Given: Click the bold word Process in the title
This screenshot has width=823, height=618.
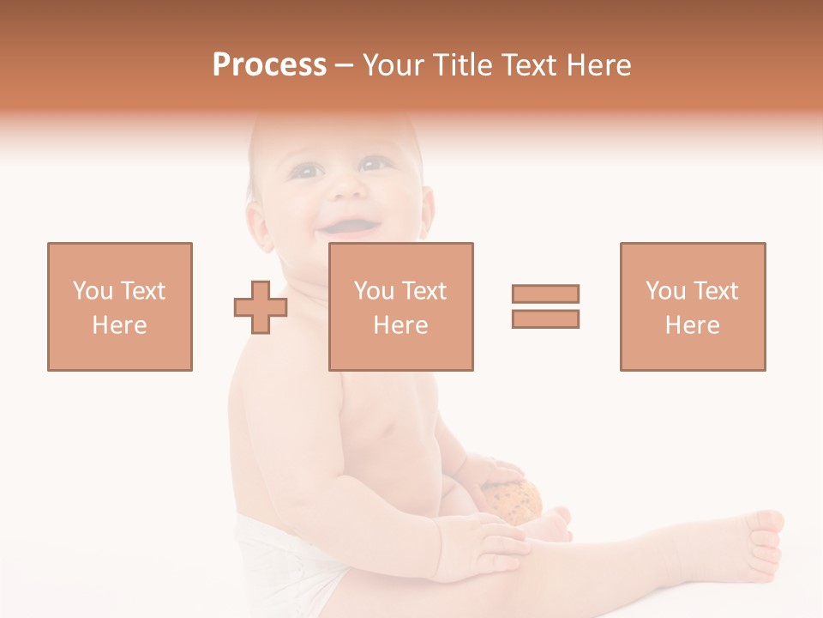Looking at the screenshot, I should coord(269,65).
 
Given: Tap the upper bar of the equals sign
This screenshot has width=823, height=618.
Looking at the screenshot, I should coord(545,294).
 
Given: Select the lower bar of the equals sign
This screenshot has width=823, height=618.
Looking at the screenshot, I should coord(545,318).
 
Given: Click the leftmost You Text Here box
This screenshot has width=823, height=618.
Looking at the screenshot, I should coord(120,306).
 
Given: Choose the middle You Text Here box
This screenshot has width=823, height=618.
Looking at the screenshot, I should coord(400,306).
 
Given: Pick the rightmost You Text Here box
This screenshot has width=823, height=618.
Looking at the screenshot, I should coord(692,306).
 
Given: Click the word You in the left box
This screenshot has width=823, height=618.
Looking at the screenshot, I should coord(93,291).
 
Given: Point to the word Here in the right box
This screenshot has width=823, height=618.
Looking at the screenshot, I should coord(692,325).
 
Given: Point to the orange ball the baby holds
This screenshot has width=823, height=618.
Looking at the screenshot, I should coord(515,500).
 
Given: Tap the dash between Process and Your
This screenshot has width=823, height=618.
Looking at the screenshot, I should coord(344,65).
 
